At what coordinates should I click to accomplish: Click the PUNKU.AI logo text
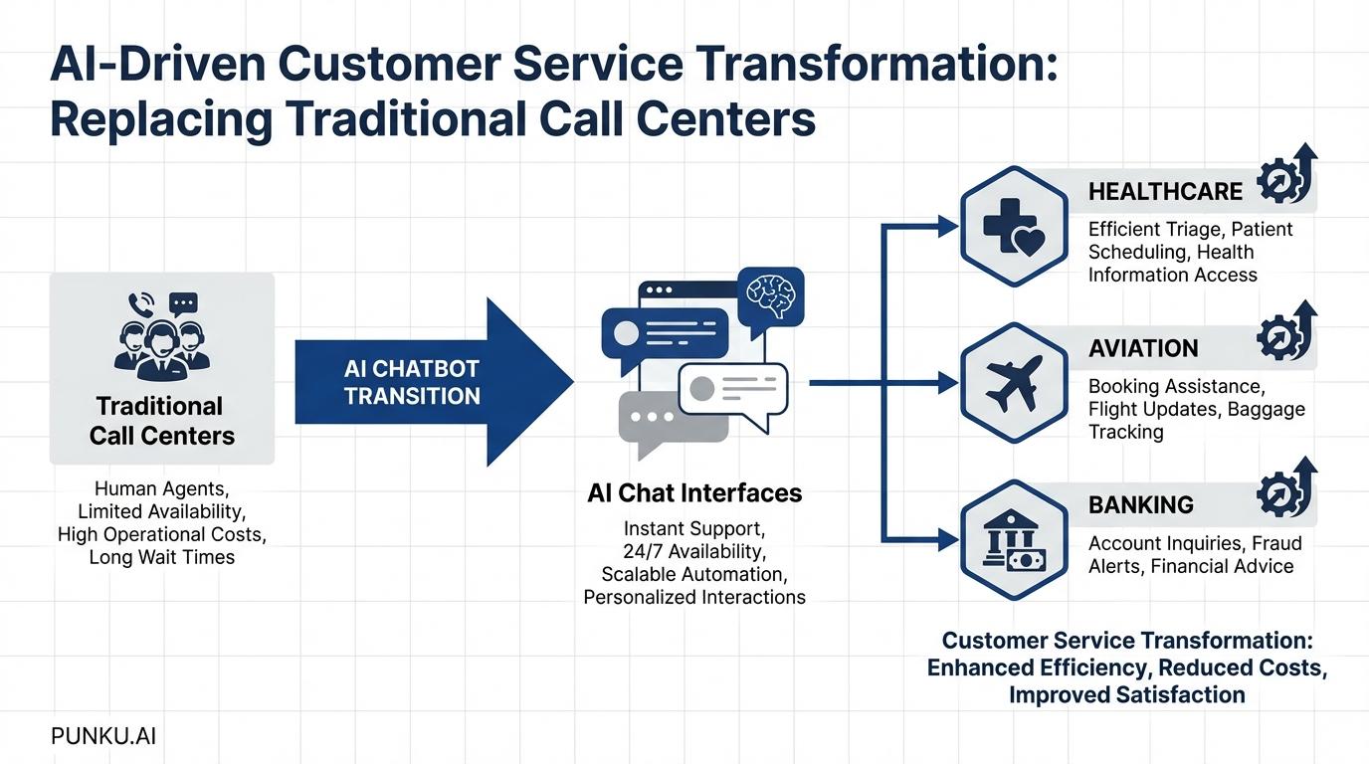click(103, 736)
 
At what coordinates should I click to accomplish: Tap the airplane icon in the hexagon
click(1013, 383)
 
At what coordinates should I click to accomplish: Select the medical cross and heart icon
click(1013, 227)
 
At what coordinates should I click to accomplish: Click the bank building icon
click(1013, 540)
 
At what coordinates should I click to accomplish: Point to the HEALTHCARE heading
click(1165, 191)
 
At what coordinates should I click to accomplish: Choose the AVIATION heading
click(1143, 348)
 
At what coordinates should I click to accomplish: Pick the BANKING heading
click(1140, 504)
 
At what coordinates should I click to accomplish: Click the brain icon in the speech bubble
click(770, 294)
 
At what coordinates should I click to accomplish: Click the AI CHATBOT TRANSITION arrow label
click(412, 382)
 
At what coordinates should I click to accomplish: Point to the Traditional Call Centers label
click(162, 421)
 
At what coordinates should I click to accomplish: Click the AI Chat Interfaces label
click(694, 493)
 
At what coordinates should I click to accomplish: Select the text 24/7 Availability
click(694, 551)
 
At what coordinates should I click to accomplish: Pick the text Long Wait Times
click(162, 557)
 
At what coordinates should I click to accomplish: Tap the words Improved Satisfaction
click(1126, 694)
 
